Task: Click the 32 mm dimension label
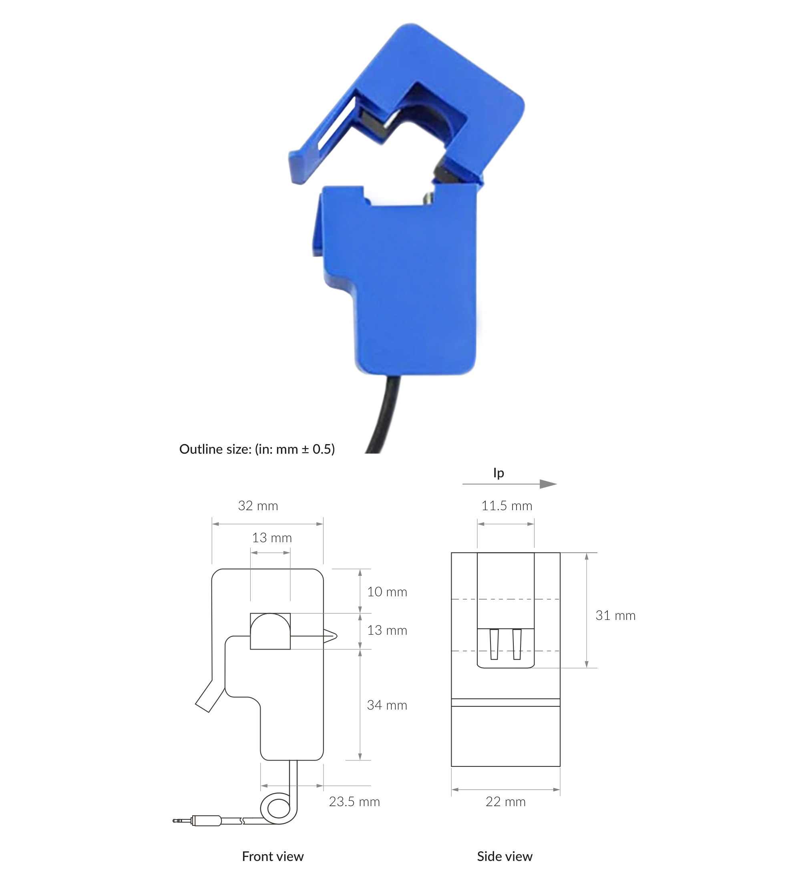pos(257,506)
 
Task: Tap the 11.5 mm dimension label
pos(507,506)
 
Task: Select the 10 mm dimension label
pos(387,592)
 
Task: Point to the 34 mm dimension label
pos(387,705)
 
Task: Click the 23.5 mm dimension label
pos(354,802)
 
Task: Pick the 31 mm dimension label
pos(615,615)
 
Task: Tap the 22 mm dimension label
pos(505,802)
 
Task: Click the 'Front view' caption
pos(272,857)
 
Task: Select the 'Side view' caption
pos(504,857)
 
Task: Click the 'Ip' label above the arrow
pos(498,473)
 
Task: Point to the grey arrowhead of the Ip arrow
pos(548,484)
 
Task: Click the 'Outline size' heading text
pos(257,449)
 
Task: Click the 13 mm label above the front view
pos(271,538)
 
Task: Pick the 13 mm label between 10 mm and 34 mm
pos(387,630)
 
